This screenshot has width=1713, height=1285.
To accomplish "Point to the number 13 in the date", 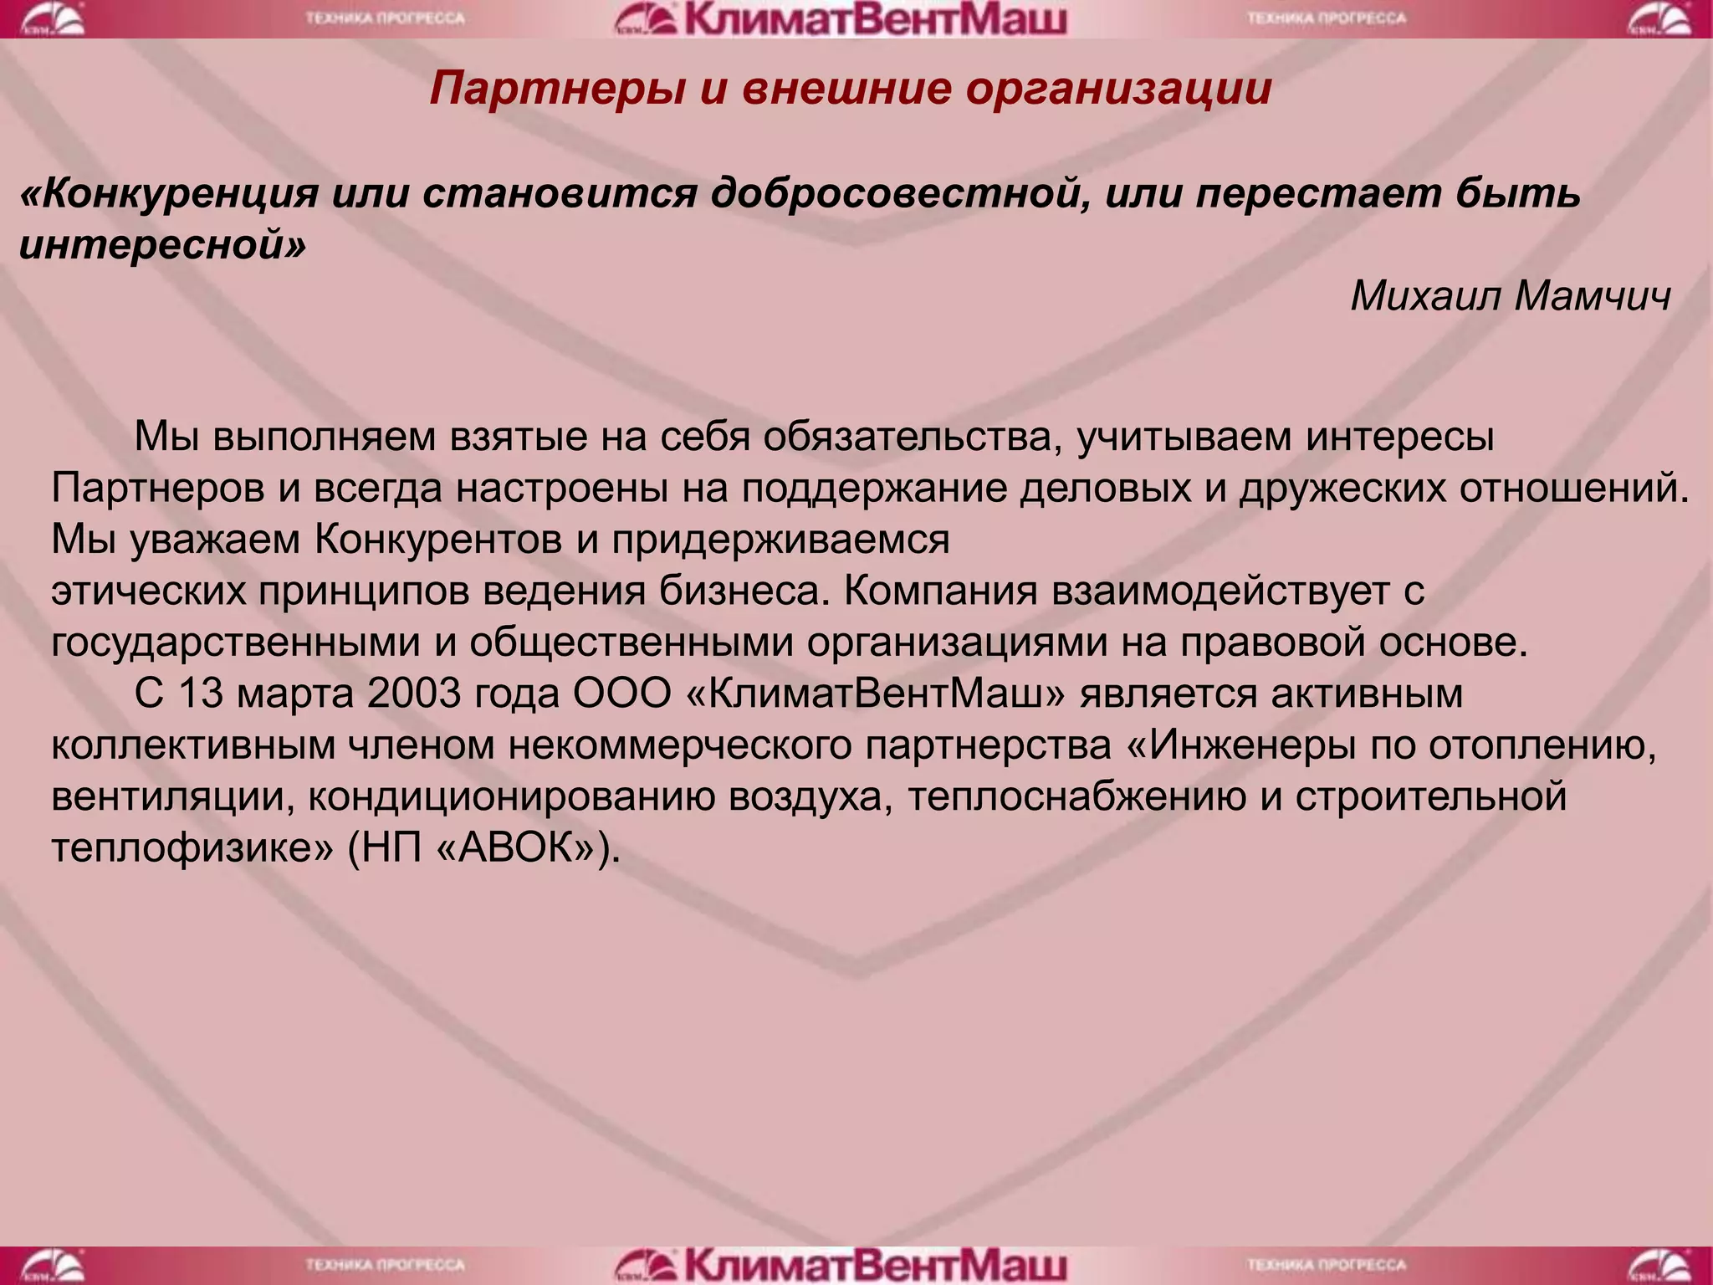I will pos(201,694).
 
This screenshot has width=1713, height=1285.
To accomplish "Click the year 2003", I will pos(413,694).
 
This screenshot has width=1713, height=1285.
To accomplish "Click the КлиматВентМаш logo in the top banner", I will pos(841,19).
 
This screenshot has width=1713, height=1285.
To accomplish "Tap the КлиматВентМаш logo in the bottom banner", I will pos(841,1265).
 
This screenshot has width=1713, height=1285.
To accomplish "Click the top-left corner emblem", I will pos(52,19).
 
